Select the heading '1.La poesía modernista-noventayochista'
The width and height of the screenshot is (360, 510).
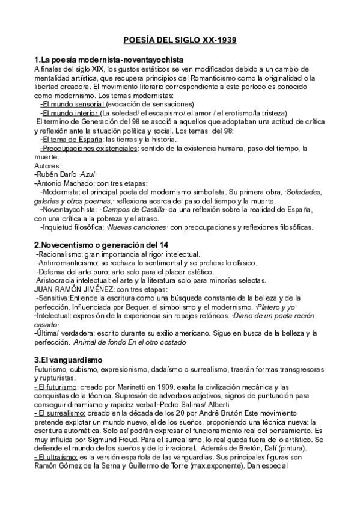[109, 61]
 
